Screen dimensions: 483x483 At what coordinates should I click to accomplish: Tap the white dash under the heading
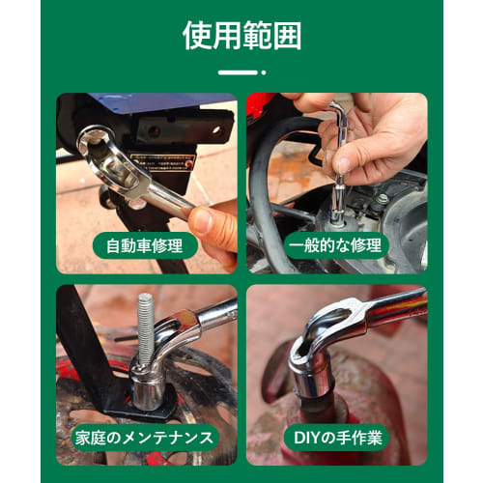(x=241, y=71)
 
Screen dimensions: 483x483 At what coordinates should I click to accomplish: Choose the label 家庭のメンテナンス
(x=146, y=437)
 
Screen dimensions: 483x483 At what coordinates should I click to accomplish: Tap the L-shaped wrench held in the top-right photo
(x=339, y=145)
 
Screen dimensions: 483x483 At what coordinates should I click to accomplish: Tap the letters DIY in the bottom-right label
(x=307, y=437)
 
